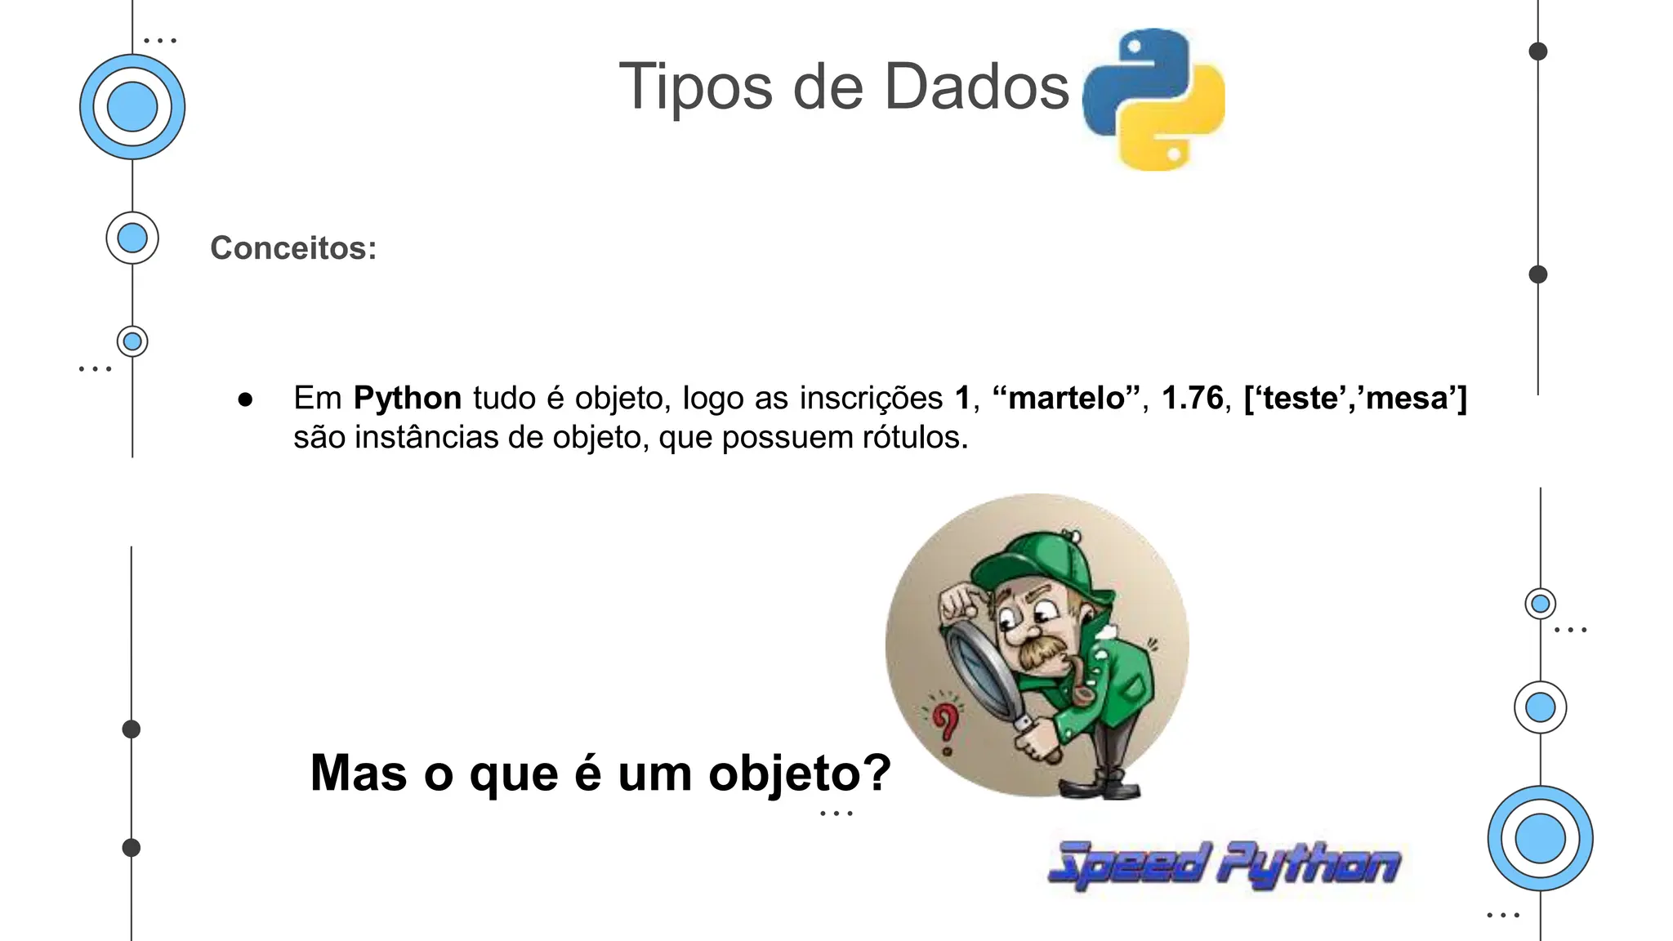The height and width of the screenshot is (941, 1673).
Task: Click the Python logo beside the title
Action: coord(1153,99)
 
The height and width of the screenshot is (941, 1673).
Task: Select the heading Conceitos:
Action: coord(293,248)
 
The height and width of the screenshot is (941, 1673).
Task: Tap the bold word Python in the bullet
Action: coord(408,399)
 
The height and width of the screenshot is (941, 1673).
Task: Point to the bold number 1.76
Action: coord(1192,399)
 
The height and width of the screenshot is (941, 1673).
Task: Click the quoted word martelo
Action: coord(1066,399)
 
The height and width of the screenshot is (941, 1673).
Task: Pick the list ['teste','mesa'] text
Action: coord(1355,399)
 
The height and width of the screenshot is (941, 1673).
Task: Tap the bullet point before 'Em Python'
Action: coord(245,399)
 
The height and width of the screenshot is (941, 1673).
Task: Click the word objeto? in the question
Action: coord(800,773)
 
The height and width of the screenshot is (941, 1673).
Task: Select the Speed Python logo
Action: coord(1224,864)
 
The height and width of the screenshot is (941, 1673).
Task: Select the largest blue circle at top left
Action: coord(132,107)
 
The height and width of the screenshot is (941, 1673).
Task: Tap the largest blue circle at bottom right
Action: coord(1540,838)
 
